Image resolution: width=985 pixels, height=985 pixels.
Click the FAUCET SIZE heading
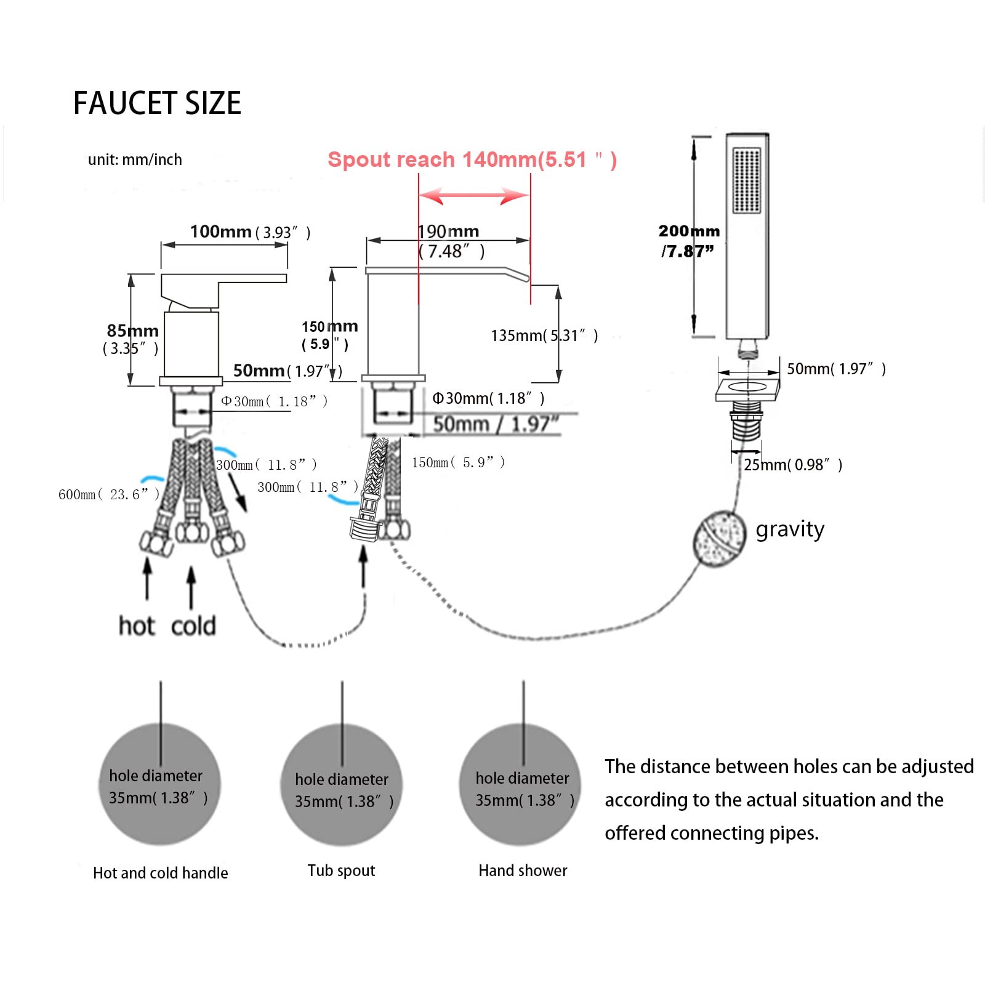pyautogui.click(x=157, y=103)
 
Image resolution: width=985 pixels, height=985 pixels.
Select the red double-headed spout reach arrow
pyautogui.click(x=473, y=196)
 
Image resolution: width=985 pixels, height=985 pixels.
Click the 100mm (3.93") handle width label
pyautogui.click(x=250, y=232)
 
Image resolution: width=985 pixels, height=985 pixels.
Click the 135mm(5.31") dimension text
pyautogui.click(x=544, y=336)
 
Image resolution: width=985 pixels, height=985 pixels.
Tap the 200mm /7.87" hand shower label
pyautogui.click(x=688, y=241)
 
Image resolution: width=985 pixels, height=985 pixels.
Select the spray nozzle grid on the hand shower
pyautogui.click(x=747, y=180)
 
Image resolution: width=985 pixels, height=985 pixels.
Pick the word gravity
pyautogui.click(x=790, y=529)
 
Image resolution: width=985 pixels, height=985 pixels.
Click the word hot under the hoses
pyautogui.click(x=136, y=625)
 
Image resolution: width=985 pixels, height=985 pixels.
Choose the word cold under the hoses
pyautogui.click(x=193, y=625)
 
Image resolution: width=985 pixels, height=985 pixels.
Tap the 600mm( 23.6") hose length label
pyautogui.click(x=109, y=494)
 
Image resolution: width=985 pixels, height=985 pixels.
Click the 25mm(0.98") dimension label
pyautogui.click(x=793, y=465)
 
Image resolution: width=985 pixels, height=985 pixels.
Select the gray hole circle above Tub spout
pyautogui.click(x=342, y=785)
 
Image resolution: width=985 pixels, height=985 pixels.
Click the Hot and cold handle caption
pyautogui.click(x=160, y=873)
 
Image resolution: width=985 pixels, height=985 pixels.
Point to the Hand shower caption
pyautogui.click(x=523, y=870)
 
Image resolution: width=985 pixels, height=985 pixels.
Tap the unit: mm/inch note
pyautogui.click(x=135, y=159)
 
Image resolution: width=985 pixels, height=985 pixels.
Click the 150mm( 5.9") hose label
pyautogui.click(x=459, y=462)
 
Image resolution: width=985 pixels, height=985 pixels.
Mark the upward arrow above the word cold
pyautogui.click(x=191, y=588)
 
